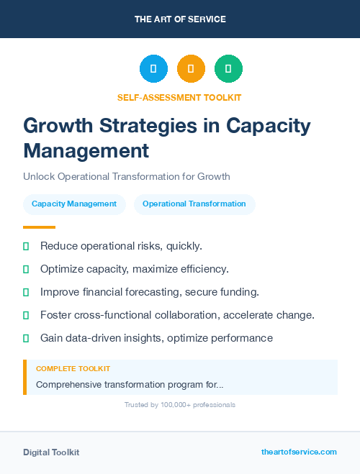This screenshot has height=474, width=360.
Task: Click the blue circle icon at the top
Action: pos(153,69)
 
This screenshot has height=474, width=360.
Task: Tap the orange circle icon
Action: pos(191,69)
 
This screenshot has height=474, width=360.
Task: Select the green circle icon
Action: pos(228,69)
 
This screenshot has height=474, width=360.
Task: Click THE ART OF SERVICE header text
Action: pos(180,19)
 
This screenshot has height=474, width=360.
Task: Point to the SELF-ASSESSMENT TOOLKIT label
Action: pos(179,97)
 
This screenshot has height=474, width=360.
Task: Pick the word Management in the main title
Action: pos(86,151)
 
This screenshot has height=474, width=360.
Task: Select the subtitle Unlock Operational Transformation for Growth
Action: pos(126,176)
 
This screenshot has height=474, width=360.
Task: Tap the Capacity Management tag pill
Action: pos(74,204)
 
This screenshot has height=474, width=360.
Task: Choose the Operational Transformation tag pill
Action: pos(194,204)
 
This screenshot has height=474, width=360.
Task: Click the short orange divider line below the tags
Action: pos(39,227)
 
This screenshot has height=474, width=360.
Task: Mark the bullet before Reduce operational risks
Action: pos(26,246)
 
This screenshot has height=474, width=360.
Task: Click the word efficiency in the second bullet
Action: pos(202,269)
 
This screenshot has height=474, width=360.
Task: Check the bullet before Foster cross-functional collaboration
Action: pos(26,315)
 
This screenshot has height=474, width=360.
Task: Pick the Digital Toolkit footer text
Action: pos(51,452)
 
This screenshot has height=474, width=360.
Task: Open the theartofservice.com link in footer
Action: pos(299,452)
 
